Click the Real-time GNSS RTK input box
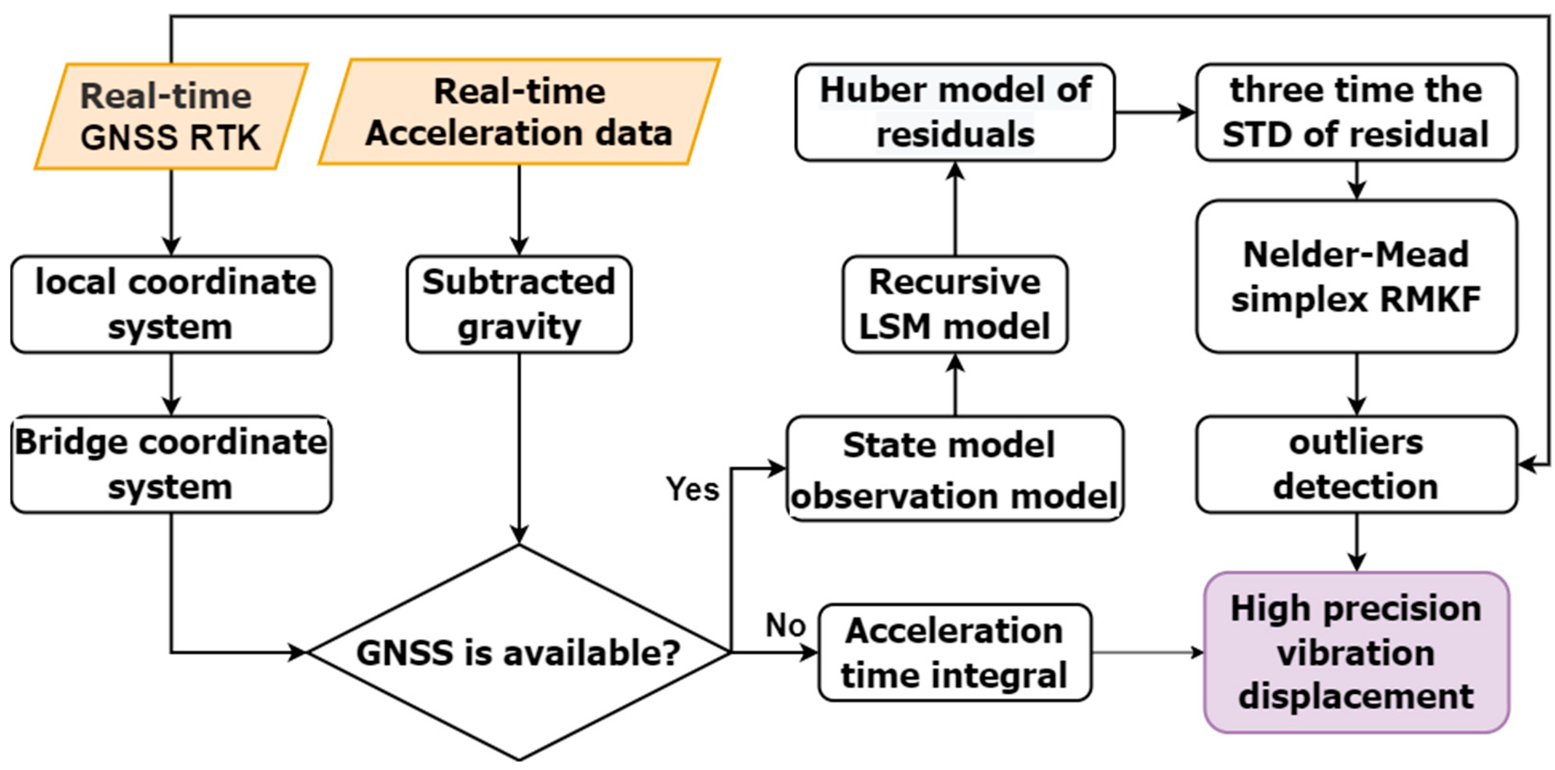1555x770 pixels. click(171, 116)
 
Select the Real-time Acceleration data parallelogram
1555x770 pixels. click(519, 112)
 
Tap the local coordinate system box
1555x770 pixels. click(171, 304)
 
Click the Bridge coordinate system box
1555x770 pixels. click(171, 464)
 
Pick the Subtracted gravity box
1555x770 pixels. click(519, 304)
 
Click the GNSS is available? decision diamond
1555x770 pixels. click(519, 652)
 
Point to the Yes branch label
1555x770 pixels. click(692, 488)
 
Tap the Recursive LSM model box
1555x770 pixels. click(954, 304)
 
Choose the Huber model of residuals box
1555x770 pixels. click(954, 112)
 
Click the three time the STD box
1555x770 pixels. click(1356, 112)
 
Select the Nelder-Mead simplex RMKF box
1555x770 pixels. click(1356, 277)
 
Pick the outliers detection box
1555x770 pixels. click(1356, 464)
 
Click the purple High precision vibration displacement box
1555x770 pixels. click(1356, 652)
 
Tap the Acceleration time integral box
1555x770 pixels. click(954, 652)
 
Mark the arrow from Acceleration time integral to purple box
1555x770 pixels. click(1147, 652)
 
